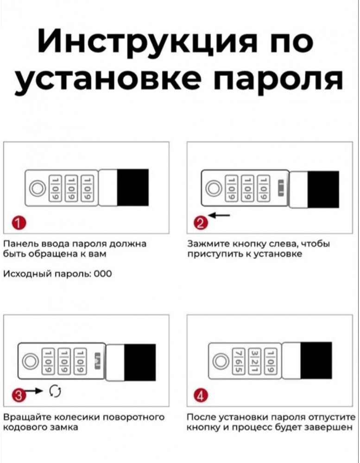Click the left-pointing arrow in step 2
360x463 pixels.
pyautogui.click(x=218, y=216)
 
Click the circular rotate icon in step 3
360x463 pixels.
pyautogui.click(x=55, y=391)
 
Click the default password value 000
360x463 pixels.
pyautogui.click(x=102, y=274)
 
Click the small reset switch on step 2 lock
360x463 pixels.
pyautogui.click(x=281, y=188)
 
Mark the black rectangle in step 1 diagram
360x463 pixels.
pyautogui.click(x=133, y=188)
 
